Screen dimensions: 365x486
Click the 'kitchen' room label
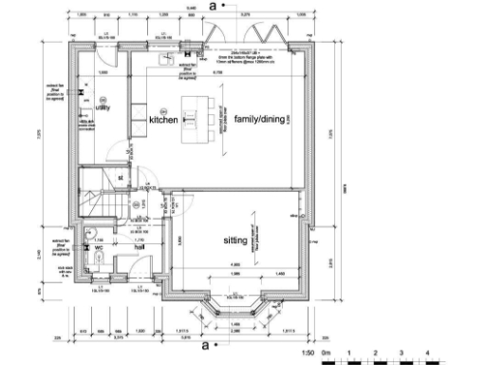[163, 120]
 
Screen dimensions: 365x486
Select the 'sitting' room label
[236, 241]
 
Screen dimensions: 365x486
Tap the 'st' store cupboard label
[121, 178]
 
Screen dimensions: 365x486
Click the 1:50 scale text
[307, 354]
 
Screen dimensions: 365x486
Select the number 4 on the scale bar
[428, 354]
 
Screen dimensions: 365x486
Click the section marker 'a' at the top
[214, 6]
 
